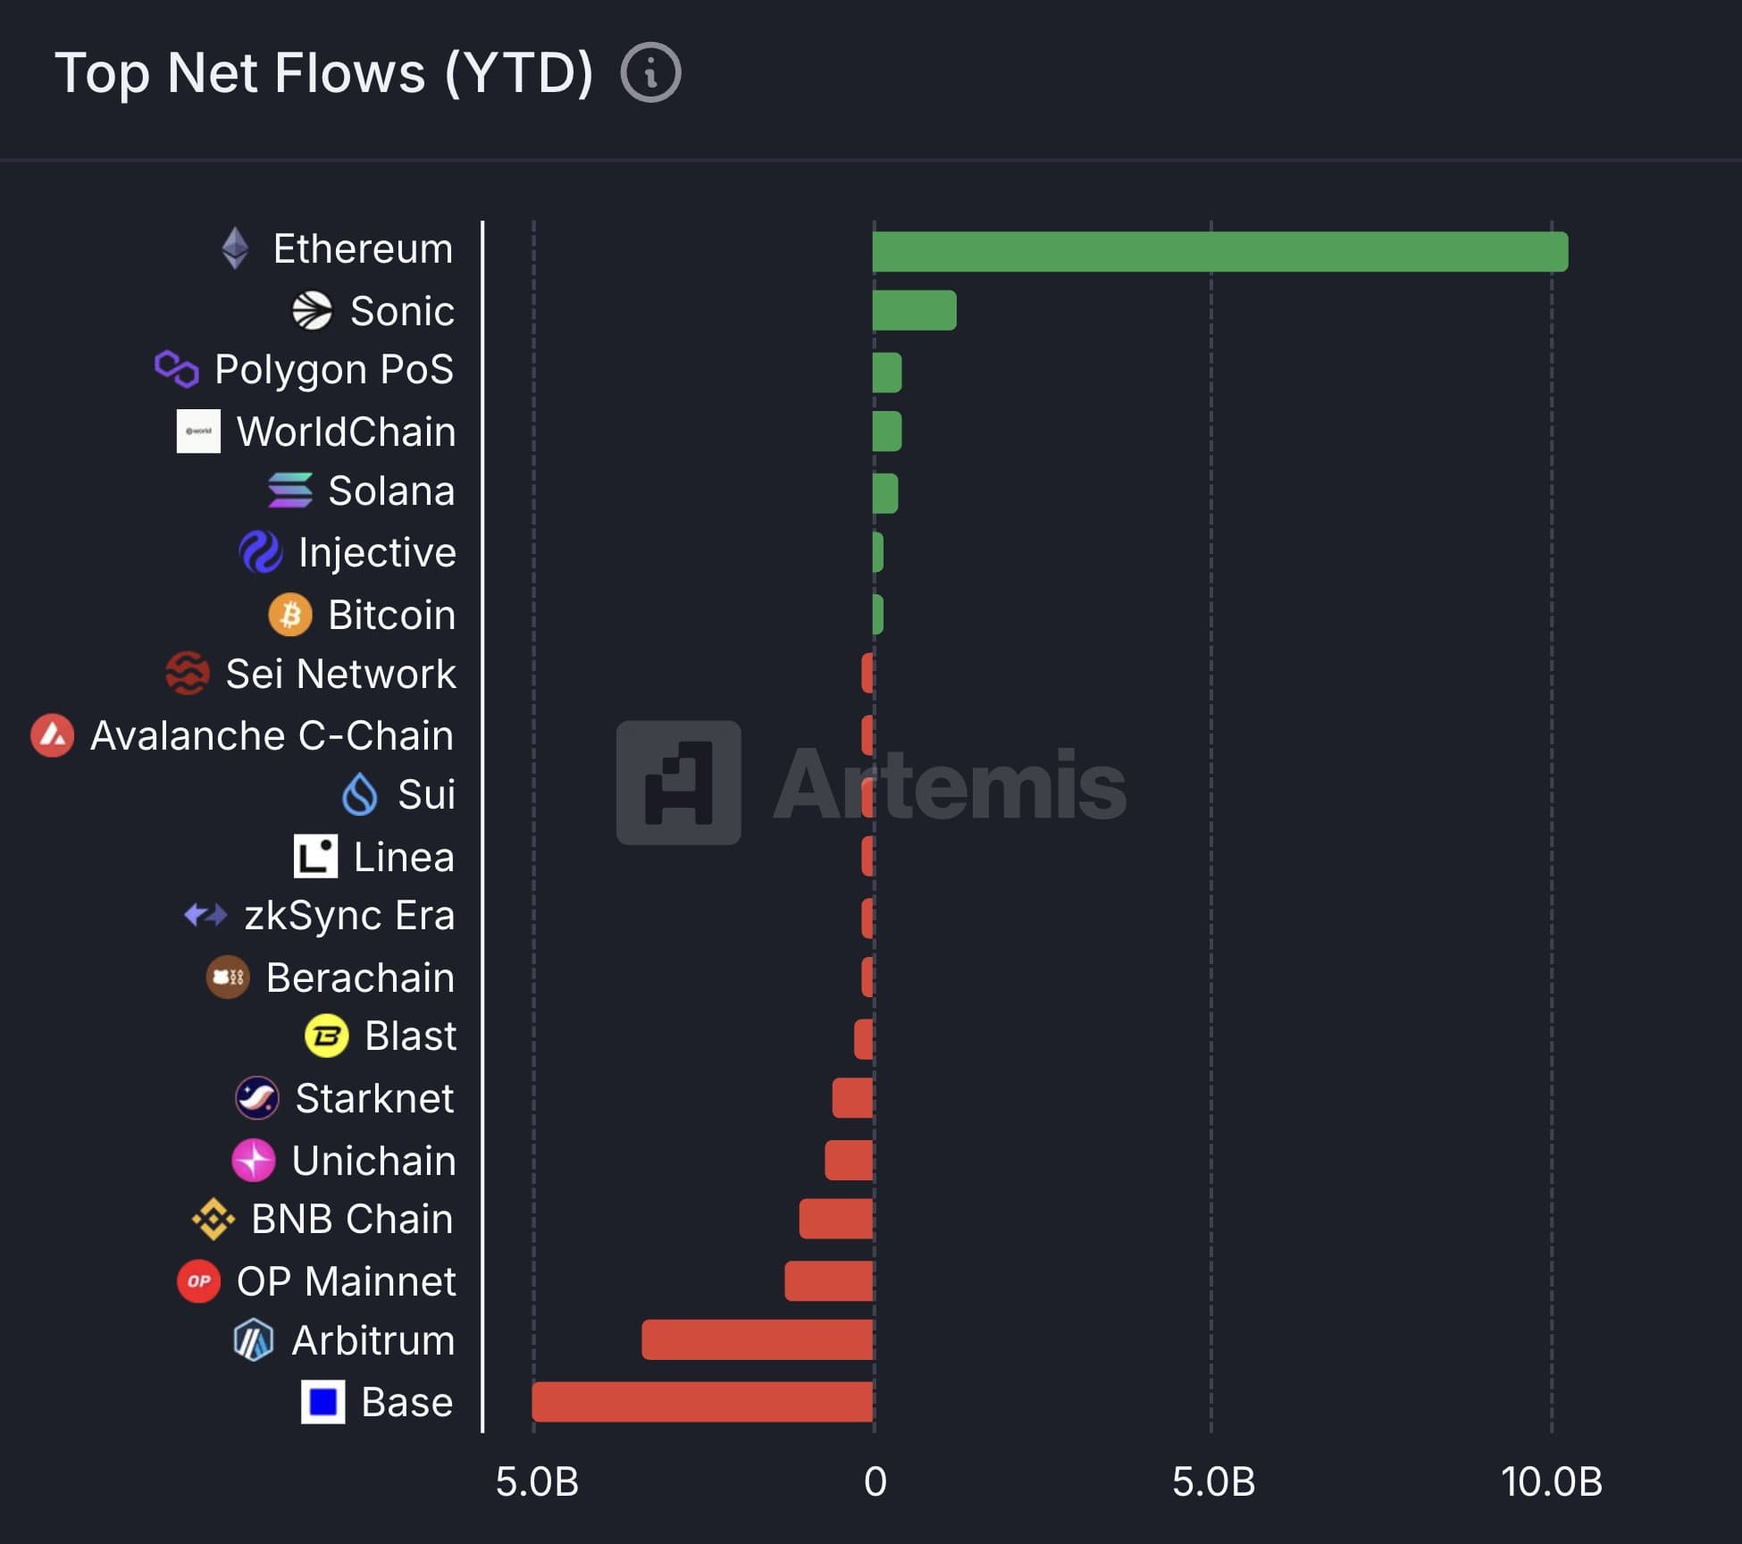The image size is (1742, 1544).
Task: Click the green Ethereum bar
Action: pos(1219,251)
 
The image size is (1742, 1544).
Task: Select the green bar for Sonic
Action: pos(914,310)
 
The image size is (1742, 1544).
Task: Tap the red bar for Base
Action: pos(702,1401)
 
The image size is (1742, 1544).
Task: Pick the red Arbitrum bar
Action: pos(757,1339)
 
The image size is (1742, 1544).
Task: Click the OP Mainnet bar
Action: pos(828,1280)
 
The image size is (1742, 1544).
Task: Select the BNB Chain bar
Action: pos(835,1219)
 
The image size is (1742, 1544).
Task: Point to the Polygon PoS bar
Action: pos(887,372)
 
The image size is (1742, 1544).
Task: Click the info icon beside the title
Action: pos(650,72)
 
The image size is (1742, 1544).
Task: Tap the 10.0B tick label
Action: pos(1551,1482)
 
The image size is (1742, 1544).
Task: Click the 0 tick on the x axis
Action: pos(875,1482)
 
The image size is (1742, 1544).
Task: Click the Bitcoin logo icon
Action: pos(290,615)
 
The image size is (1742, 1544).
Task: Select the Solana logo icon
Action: pos(290,491)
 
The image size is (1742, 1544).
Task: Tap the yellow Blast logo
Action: pos(327,1036)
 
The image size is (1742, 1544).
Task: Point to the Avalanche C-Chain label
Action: pos(272,735)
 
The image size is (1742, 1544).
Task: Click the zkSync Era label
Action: pos(349,915)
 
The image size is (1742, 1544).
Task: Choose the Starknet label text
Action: pos(374,1098)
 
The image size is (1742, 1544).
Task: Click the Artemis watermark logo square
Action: pos(678,783)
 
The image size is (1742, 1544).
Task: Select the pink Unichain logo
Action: pos(254,1160)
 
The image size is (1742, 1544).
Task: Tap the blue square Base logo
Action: pos(322,1401)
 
